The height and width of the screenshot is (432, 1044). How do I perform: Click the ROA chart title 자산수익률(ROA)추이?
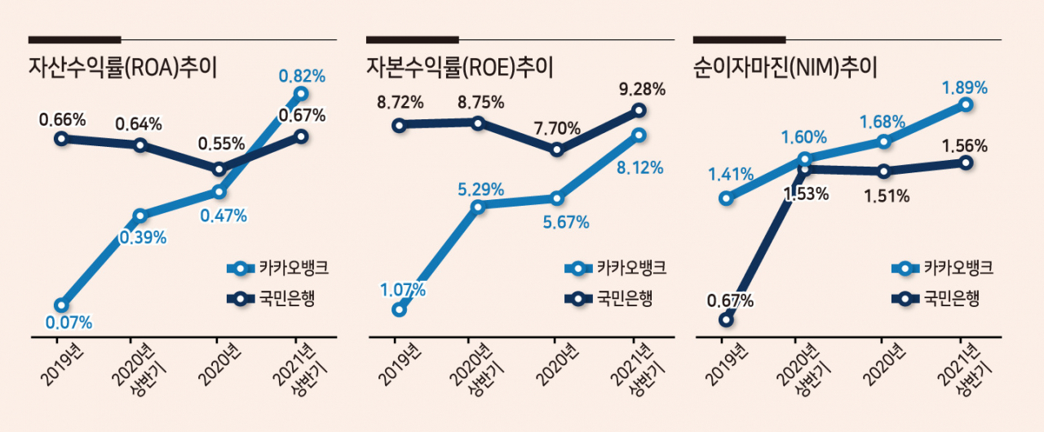pyautogui.click(x=123, y=68)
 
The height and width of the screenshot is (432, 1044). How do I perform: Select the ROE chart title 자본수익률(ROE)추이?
pyautogui.click(x=460, y=68)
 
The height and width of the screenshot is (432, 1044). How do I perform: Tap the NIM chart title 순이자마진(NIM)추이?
pyautogui.click(x=785, y=68)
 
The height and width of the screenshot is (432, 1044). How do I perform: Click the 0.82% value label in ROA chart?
pyautogui.click(x=302, y=76)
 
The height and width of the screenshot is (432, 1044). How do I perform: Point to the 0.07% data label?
pyautogui.click(x=69, y=323)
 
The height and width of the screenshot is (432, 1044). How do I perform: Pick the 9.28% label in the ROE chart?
pyautogui.click(x=642, y=89)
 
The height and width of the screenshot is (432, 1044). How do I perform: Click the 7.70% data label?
pyautogui.click(x=557, y=128)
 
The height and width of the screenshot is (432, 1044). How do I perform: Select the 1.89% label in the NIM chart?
pyautogui.click(x=965, y=87)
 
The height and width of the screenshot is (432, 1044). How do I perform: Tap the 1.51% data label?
pyautogui.click(x=887, y=197)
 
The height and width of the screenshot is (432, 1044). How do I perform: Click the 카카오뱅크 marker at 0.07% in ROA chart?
pyautogui.click(x=61, y=305)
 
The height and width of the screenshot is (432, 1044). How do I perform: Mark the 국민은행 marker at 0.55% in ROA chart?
pyautogui.click(x=219, y=169)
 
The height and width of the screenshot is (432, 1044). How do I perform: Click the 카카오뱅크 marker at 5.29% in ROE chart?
pyautogui.click(x=478, y=207)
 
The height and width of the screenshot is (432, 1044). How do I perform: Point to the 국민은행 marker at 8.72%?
pyautogui.click(x=400, y=125)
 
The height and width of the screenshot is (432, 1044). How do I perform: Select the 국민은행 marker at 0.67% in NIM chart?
pyautogui.click(x=726, y=319)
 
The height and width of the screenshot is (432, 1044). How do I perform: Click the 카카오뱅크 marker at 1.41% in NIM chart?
pyautogui.click(x=726, y=198)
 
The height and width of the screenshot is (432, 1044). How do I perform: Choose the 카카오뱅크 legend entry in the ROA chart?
pyautogui.click(x=278, y=268)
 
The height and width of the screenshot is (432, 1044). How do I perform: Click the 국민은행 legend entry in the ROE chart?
pyautogui.click(x=608, y=299)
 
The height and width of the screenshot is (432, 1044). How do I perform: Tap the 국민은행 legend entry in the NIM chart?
pyautogui.click(x=936, y=299)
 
